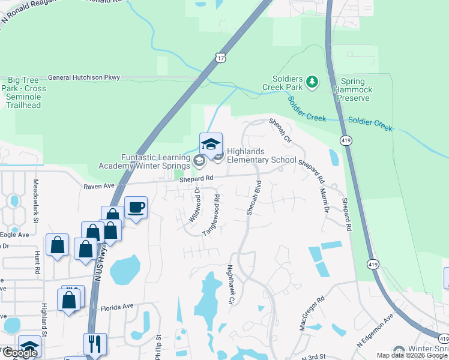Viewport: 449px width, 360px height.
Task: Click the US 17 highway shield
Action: coord(221,58)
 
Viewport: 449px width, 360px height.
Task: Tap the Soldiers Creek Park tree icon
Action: coord(312,81)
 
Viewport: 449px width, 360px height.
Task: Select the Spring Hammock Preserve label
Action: coord(357,89)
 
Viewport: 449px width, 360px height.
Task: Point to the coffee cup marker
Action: coord(136,208)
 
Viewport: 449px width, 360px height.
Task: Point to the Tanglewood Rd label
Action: coord(211,214)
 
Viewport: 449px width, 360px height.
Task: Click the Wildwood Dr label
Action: coord(194,204)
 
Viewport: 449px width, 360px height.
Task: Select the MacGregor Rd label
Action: coord(312,312)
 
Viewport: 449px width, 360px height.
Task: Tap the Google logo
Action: coord(19,353)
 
